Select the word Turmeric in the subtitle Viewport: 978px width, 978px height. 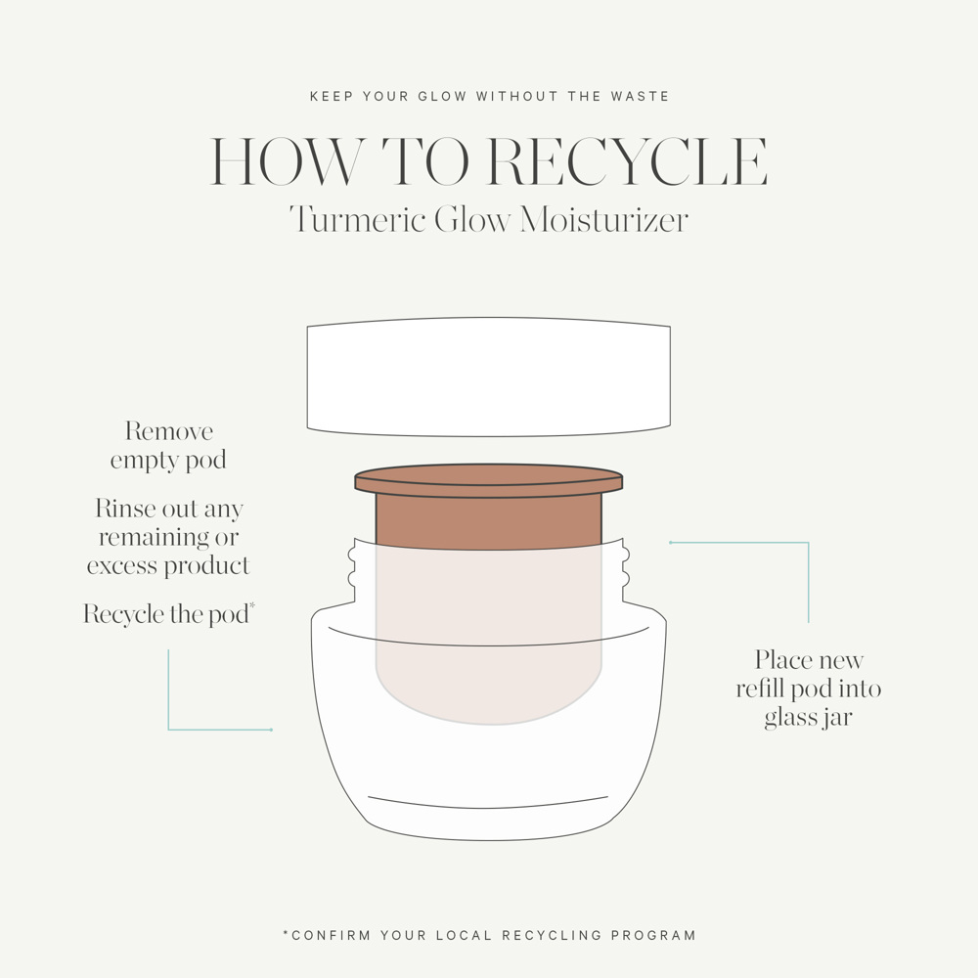coord(357,219)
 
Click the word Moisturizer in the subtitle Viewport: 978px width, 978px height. coord(603,219)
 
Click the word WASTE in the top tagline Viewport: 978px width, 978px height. coord(644,97)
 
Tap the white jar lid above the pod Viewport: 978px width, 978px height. coord(489,377)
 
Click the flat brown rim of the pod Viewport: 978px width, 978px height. coord(489,479)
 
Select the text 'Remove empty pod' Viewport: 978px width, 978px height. coord(168,446)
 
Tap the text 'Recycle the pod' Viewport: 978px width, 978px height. coord(165,615)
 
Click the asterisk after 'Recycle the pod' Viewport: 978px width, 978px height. coord(252,606)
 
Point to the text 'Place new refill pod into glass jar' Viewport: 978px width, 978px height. coord(809,689)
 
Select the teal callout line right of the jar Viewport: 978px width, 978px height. coord(808,581)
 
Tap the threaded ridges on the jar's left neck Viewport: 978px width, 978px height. coord(352,568)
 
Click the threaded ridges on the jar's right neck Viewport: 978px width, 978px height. coord(625,568)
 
